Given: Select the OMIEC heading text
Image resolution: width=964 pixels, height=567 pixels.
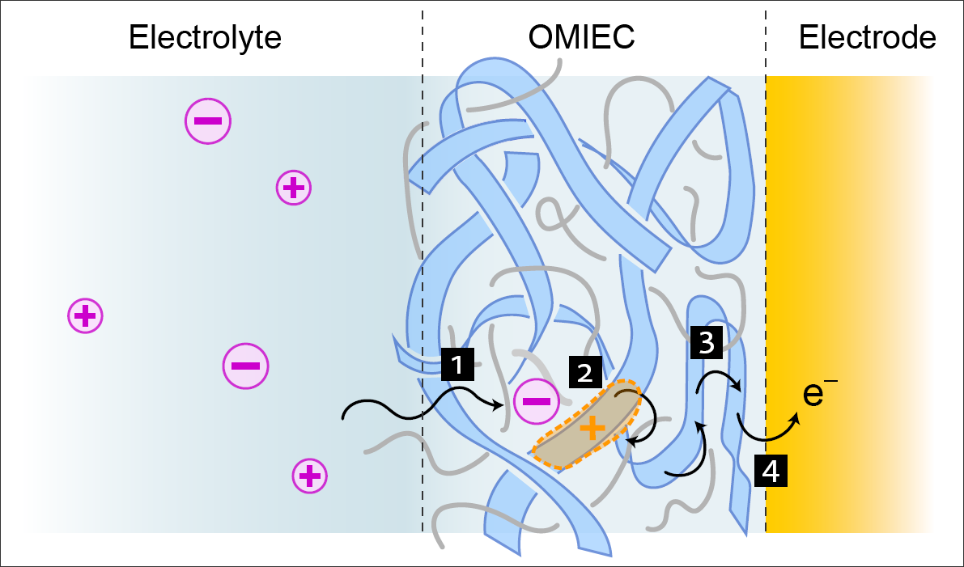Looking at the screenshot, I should pos(581,38).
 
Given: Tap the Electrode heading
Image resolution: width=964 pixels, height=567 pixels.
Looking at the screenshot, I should pos(867,38).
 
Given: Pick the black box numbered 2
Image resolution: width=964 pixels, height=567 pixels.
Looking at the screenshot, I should pos(585,371).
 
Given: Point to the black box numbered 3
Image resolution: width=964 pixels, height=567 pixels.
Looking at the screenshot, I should pos(706,343).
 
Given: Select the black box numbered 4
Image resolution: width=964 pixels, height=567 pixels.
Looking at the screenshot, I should pos(771,471).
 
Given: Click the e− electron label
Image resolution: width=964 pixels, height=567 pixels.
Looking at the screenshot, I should pos(819,395).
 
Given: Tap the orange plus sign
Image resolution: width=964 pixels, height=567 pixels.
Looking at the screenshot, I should pos(592,427).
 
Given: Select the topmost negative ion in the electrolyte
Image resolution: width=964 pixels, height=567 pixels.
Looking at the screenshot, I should pos(208,121).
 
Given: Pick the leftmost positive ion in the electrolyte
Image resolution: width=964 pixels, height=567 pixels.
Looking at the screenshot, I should pos(85,315).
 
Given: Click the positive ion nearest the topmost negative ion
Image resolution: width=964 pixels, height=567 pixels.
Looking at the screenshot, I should pos(294,188).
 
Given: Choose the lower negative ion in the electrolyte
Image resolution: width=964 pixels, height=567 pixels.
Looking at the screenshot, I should pos(245,366).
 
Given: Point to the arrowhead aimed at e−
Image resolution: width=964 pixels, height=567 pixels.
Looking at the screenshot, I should pos(796,419).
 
